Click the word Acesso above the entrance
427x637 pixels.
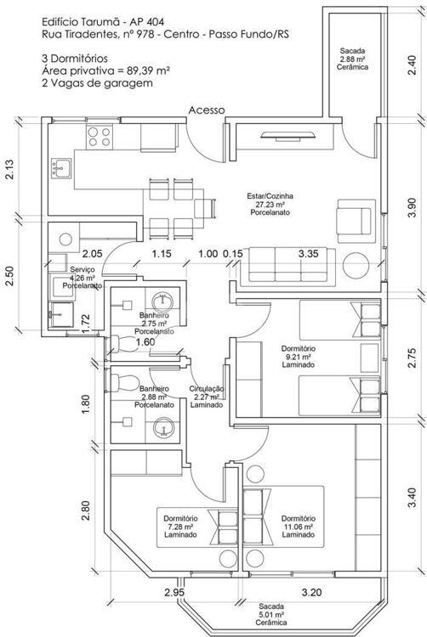207,110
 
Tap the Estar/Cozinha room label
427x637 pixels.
270,204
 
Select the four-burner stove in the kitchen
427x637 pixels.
100,137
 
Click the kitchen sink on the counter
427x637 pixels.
60,168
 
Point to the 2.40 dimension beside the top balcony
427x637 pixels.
412,65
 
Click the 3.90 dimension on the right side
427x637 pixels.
412,207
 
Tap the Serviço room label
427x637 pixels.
82,278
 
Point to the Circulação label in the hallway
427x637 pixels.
207,397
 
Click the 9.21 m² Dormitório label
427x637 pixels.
298,356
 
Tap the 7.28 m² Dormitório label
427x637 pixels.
180,526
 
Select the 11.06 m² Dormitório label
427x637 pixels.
298,526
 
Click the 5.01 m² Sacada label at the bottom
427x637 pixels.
271,614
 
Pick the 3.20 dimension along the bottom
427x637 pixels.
311,592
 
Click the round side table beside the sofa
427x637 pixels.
356,266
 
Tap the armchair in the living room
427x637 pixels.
356,221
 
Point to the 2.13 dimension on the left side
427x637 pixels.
9,170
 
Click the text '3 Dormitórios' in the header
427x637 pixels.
74,59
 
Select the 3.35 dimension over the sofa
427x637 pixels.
308,254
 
